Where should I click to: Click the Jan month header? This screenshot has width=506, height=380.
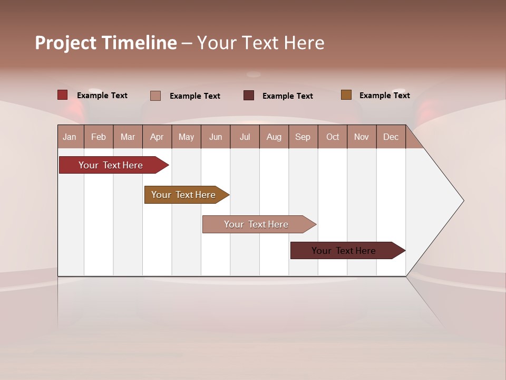click(x=70, y=137)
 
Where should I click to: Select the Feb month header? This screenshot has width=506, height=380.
click(x=99, y=137)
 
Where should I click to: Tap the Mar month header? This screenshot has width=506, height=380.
click(x=128, y=137)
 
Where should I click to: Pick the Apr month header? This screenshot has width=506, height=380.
click(x=157, y=137)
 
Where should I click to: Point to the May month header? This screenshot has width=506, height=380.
click(x=186, y=137)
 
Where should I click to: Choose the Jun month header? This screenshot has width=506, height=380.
click(x=216, y=137)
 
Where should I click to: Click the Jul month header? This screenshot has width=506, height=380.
click(x=245, y=137)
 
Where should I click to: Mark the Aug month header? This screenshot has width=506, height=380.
click(x=274, y=137)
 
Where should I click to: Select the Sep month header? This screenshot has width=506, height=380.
click(x=303, y=137)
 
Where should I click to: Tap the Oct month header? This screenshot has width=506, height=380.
click(x=333, y=137)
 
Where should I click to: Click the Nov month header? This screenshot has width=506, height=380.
click(x=362, y=137)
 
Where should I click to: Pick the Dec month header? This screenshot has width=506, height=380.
click(x=391, y=137)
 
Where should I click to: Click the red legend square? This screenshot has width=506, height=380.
click(x=63, y=95)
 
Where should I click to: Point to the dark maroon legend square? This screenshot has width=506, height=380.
click(x=249, y=96)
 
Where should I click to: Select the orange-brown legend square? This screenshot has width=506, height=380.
click(x=346, y=95)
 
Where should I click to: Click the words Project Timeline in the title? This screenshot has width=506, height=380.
click(x=106, y=43)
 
